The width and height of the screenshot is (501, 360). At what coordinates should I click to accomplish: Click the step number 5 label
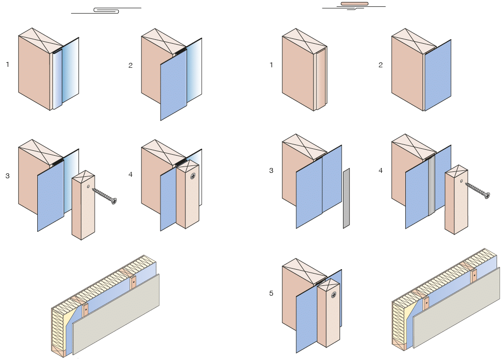coord(271,293)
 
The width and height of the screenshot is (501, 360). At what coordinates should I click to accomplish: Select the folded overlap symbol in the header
coord(106,10)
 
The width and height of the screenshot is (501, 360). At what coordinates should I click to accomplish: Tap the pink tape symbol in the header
coord(354,4)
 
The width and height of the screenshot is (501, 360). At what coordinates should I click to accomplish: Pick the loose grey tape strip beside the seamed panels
coord(346,198)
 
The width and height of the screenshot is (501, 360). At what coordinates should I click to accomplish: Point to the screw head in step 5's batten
coord(333,295)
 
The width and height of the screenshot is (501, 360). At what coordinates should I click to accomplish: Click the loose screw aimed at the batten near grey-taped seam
coord(477,190)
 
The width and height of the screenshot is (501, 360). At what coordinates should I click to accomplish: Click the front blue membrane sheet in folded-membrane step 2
coord(173,83)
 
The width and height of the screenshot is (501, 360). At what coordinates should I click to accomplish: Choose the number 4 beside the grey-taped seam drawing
coord(381,170)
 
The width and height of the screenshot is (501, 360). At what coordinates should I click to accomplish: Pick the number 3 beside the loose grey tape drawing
coord(271,170)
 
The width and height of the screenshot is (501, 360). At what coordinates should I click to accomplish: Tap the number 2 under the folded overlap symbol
coord(131,65)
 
